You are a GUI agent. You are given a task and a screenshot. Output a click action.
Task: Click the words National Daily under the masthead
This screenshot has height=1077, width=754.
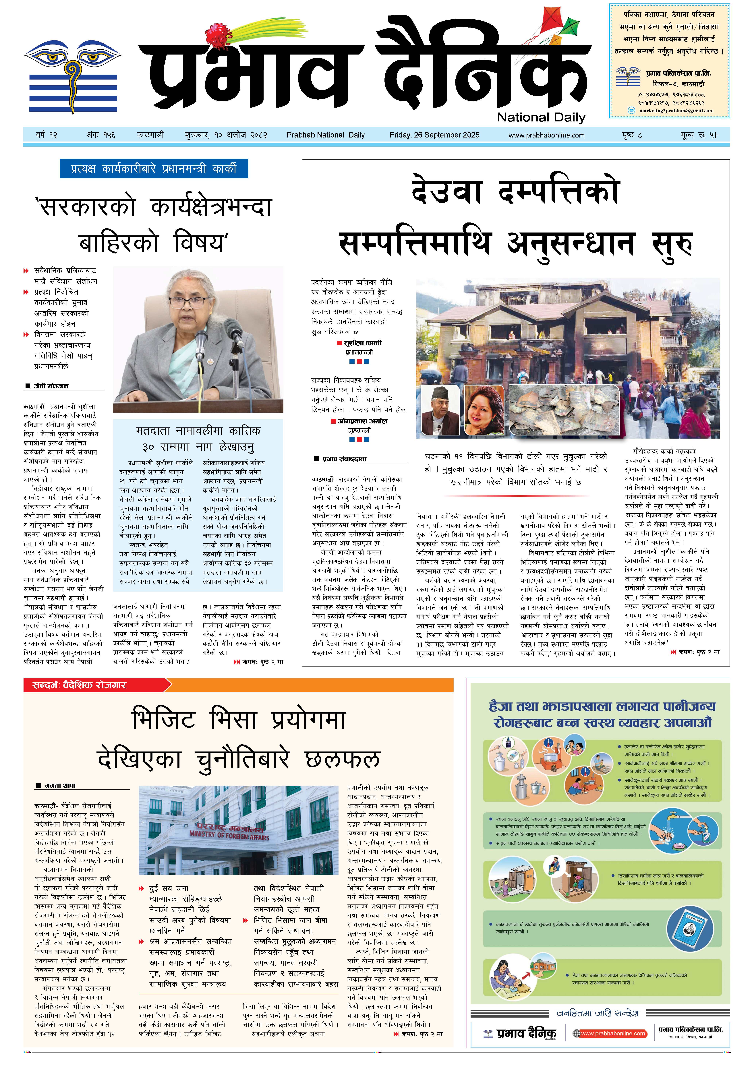(541, 117)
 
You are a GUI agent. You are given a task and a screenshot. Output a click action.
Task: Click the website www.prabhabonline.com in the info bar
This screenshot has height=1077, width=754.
(546, 135)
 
